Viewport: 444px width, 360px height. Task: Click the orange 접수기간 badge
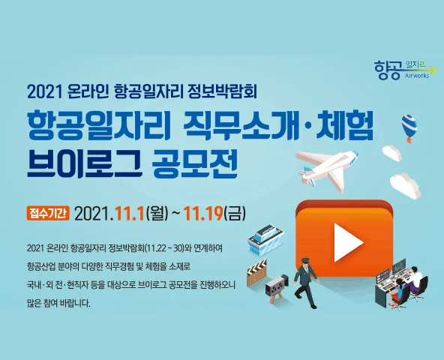tap(48, 213)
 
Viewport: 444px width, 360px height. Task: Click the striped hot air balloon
tap(409, 128)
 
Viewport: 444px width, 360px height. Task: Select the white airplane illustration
tap(327, 170)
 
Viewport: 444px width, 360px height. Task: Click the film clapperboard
tap(257, 272)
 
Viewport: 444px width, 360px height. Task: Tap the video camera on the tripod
tap(276, 288)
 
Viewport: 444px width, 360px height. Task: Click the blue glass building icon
tap(265, 239)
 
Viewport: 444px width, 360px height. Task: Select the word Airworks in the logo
tap(417, 76)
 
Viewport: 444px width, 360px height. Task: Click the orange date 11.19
tap(203, 214)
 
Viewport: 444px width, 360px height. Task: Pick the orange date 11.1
tap(130, 214)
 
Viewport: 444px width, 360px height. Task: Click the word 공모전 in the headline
tap(194, 165)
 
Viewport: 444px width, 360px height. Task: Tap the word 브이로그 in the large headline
tap(84, 165)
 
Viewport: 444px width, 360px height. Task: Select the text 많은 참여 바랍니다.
tap(58, 303)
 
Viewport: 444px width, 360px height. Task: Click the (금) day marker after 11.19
tap(235, 214)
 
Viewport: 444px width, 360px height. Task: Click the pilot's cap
tap(305, 259)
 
